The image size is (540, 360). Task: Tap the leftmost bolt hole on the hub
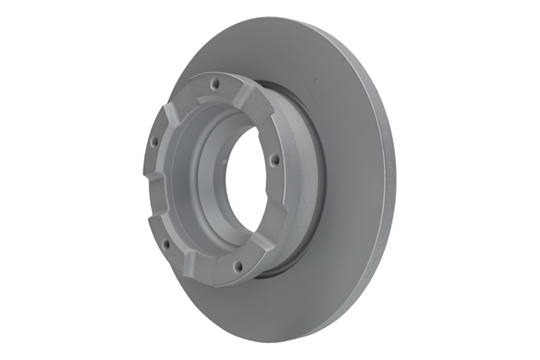tap(154, 142)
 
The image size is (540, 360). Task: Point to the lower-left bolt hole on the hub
tap(165, 244)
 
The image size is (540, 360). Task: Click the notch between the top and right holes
tap(257, 105)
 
